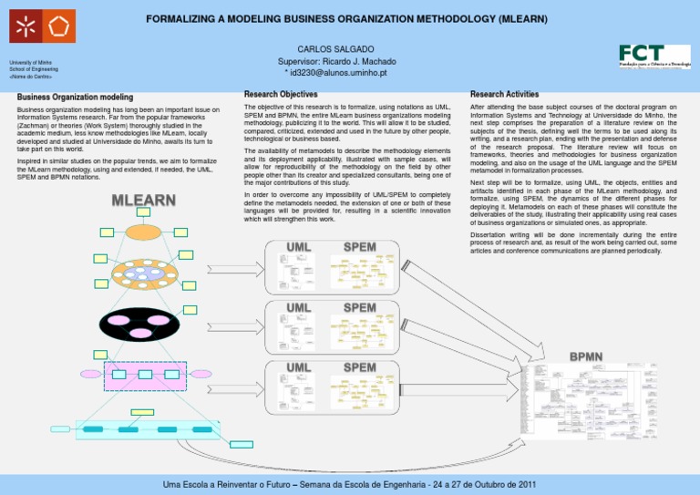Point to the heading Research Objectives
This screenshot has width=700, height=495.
click(x=281, y=95)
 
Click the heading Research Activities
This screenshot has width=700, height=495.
click(x=504, y=95)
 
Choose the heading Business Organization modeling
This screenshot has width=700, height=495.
click(x=76, y=98)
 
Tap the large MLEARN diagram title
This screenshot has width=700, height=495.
click(x=143, y=200)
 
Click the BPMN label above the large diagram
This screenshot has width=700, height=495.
click(x=587, y=356)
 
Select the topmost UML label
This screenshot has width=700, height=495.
click(x=298, y=248)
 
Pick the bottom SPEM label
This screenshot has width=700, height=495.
click(x=359, y=367)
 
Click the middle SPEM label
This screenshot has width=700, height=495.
click(x=359, y=308)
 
